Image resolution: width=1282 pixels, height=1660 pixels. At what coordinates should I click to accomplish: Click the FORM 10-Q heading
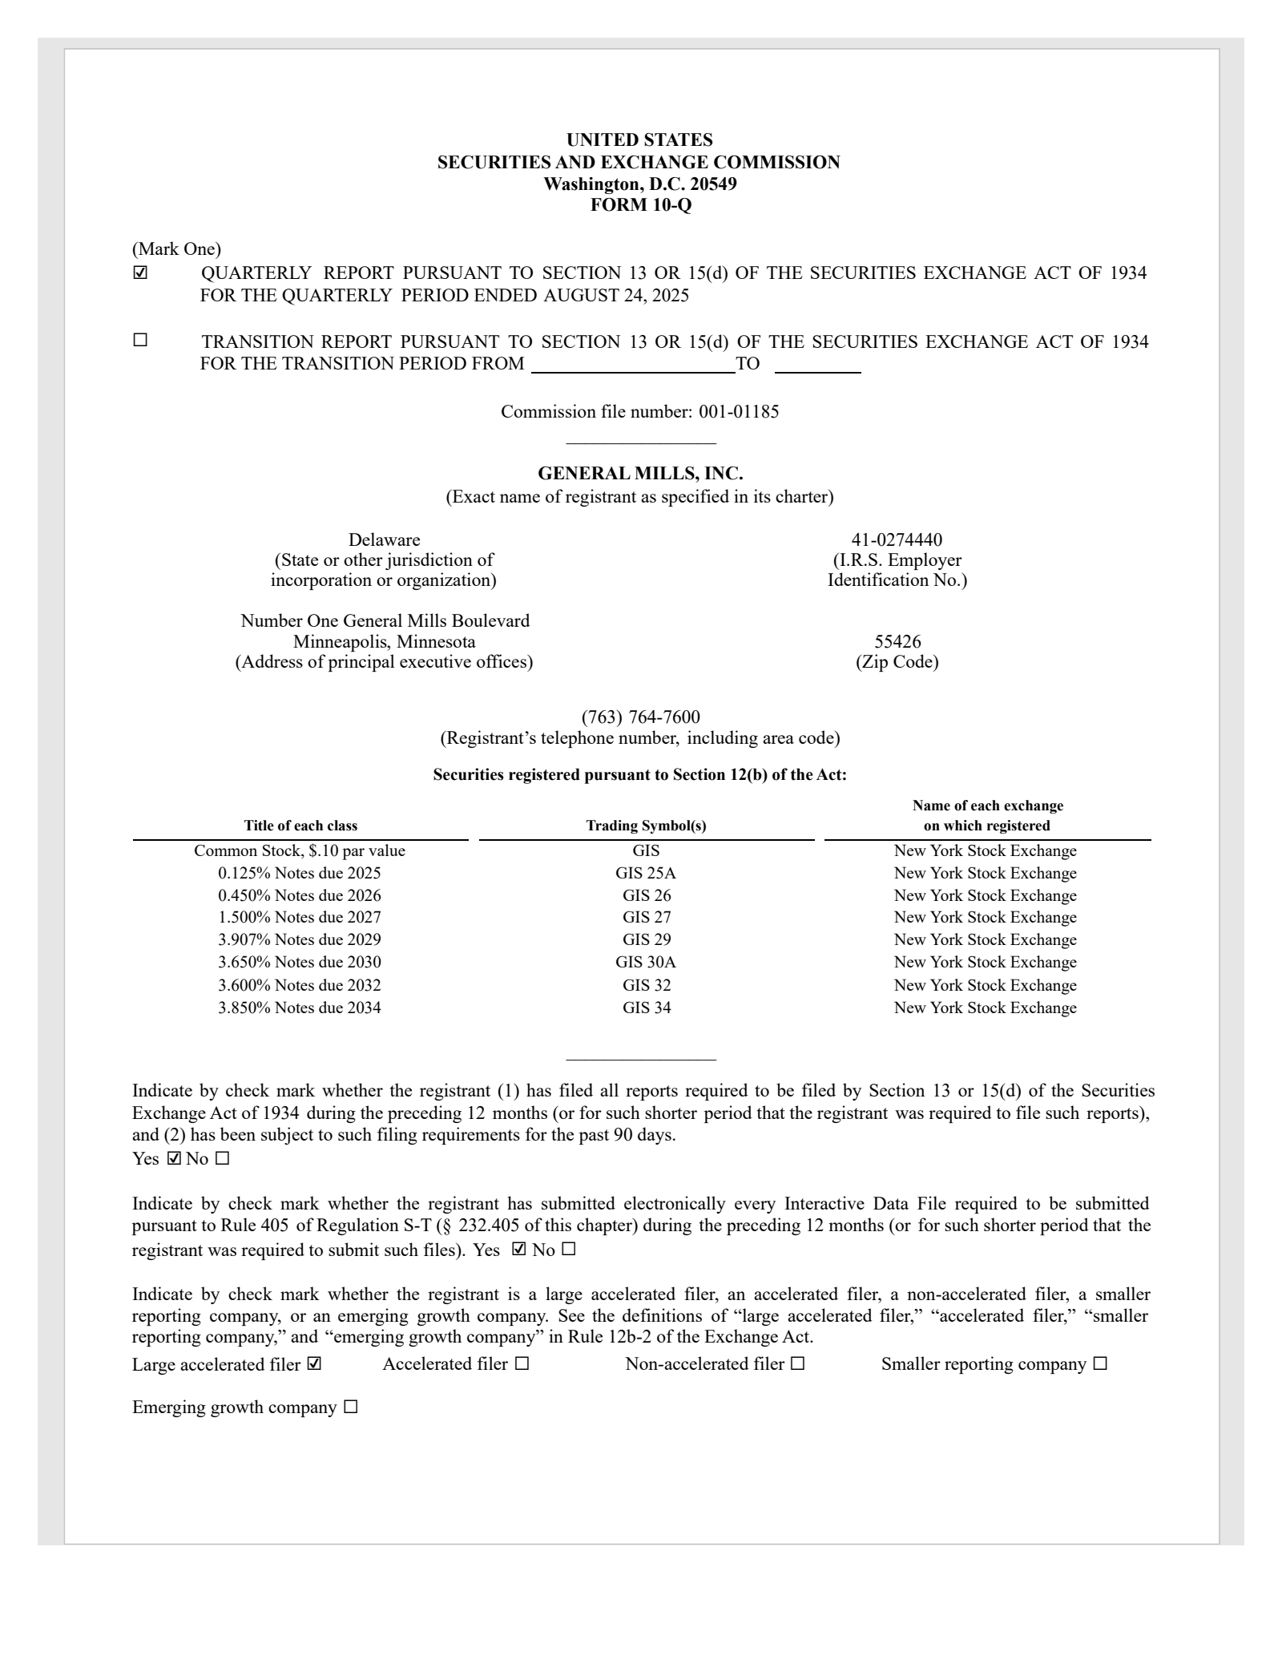(x=640, y=205)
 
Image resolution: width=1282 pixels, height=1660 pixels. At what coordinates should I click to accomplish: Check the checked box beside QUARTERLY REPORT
(x=141, y=273)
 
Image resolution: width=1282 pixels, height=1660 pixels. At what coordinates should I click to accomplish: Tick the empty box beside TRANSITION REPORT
(x=141, y=340)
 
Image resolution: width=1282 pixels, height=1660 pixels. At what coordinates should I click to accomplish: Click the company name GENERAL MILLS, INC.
(x=640, y=474)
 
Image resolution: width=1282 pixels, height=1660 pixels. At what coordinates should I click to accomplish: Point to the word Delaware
(x=384, y=539)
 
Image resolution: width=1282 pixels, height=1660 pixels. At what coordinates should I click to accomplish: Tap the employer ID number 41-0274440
(x=897, y=539)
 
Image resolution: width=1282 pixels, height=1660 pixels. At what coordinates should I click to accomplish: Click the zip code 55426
(x=897, y=641)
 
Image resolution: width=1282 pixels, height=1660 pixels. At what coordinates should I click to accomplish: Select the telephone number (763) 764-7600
(x=640, y=717)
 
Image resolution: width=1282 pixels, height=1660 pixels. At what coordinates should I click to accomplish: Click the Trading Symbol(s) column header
(x=646, y=826)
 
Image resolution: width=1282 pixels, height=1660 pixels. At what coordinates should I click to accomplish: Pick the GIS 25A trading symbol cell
(x=646, y=873)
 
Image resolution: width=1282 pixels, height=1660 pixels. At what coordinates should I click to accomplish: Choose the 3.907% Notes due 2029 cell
(x=300, y=939)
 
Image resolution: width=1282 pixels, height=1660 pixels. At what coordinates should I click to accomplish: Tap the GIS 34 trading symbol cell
(x=647, y=1008)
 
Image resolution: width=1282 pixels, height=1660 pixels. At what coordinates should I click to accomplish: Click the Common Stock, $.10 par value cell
(x=300, y=850)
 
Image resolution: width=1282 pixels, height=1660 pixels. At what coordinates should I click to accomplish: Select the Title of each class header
(x=300, y=826)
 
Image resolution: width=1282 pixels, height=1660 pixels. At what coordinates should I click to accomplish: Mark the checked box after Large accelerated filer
(x=314, y=1363)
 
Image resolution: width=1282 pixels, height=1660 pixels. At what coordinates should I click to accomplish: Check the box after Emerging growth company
(x=350, y=1407)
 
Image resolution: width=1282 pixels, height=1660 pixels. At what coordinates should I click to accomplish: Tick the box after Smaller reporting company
(x=1100, y=1363)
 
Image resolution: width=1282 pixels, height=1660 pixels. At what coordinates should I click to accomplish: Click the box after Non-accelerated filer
(x=797, y=1363)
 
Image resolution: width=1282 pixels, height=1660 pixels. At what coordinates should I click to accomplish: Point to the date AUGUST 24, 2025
(x=616, y=295)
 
